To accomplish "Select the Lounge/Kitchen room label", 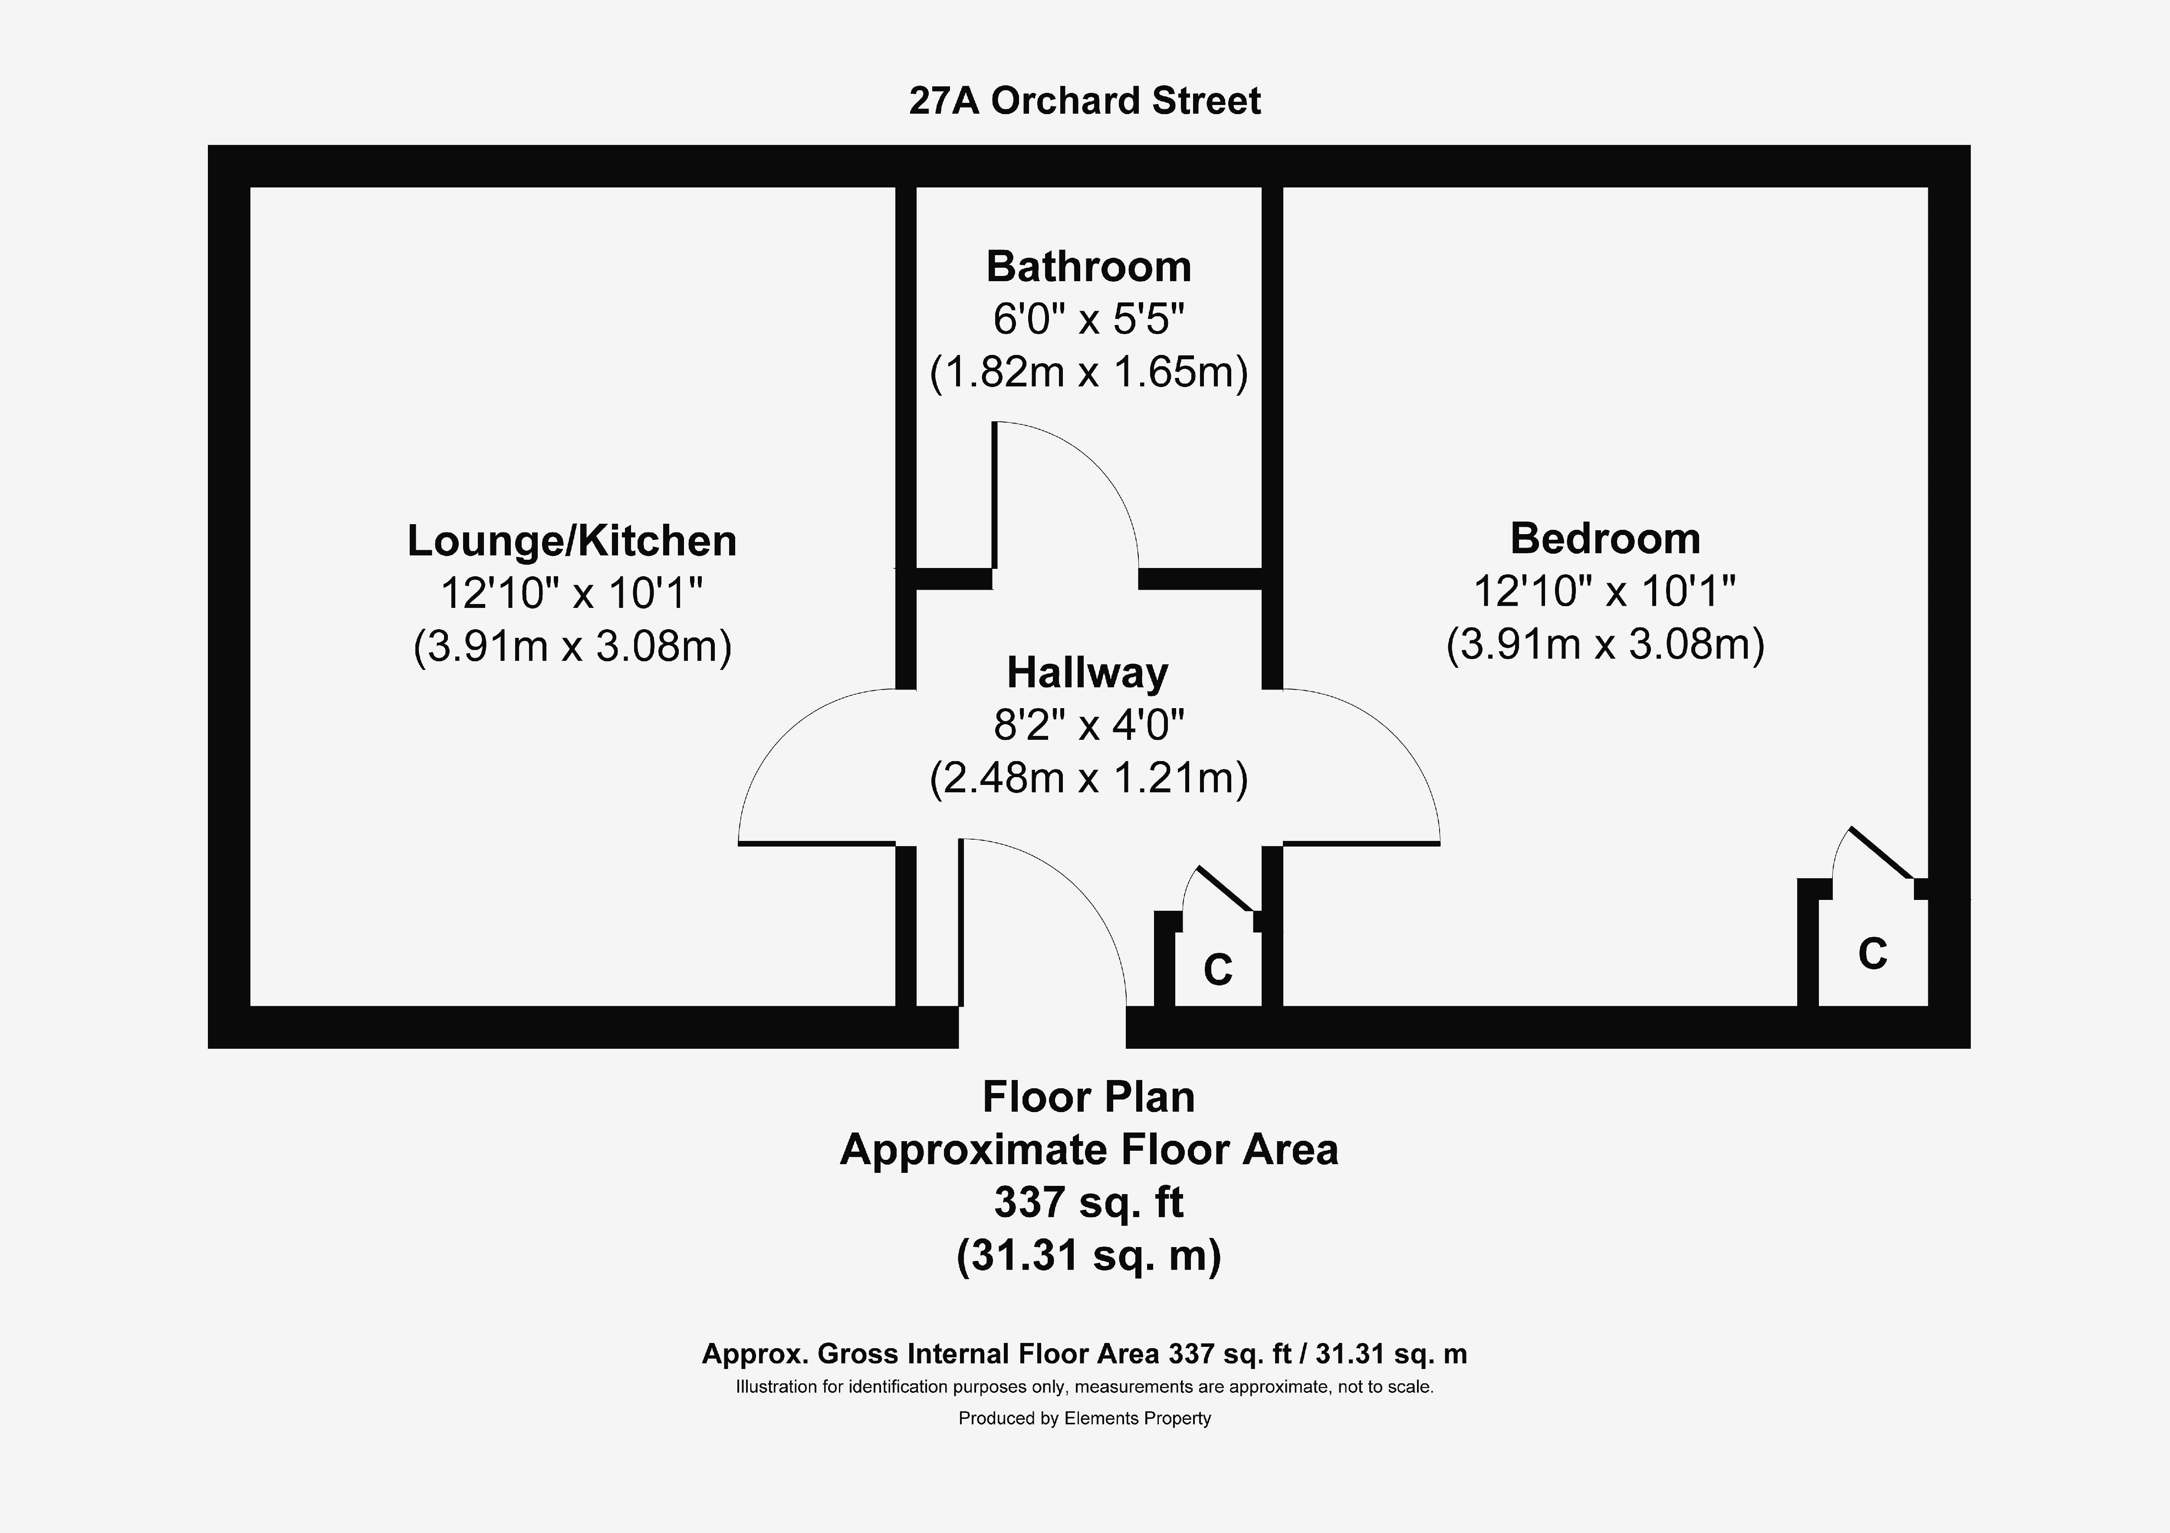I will point(572,541).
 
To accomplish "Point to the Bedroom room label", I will point(1605,539).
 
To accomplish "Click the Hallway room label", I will point(1088,673).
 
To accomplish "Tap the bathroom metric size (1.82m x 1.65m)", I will point(1089,372).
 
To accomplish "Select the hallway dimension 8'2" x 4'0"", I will point(1089,726).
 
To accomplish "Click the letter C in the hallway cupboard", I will point(1217,970).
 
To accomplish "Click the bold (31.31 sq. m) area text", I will point(1089,1256).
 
